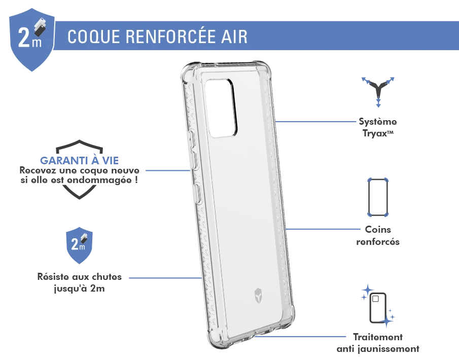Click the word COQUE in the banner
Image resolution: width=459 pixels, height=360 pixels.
click(94, 37)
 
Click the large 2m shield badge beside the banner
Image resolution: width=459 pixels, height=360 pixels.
click(31, 40)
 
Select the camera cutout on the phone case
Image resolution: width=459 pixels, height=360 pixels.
click(221, 107)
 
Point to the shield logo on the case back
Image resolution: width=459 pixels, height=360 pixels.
click(258, 295)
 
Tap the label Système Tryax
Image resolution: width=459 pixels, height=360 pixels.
click(378, 127)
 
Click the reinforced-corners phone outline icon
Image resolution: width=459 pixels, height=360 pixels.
click(378, 197)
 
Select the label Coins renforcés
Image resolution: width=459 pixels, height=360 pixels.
click(378, 236)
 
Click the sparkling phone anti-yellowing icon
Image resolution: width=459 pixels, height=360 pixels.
click(378, 306)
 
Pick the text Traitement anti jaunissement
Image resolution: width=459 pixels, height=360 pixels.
click(378, 343)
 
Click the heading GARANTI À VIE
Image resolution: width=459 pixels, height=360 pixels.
click(79, 160)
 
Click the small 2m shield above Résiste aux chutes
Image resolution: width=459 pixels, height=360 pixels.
click(79, 245)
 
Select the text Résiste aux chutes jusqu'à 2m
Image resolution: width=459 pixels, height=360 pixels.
click(79, 282)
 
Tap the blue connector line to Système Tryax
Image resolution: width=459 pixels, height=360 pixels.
click(315, 122)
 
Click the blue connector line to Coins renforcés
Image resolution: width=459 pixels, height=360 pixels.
click(323, 229)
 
